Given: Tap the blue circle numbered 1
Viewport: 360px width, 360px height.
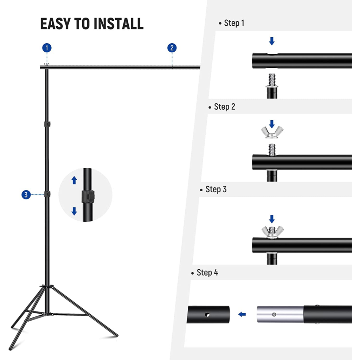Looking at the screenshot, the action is [47, 48].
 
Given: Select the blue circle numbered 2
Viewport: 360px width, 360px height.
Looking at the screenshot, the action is [172, 48].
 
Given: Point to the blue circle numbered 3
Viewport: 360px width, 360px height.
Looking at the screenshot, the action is [26, 195].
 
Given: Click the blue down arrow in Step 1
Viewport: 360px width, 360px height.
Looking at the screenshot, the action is [272, 41].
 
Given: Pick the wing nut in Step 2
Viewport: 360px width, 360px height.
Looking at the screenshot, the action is [272, 133].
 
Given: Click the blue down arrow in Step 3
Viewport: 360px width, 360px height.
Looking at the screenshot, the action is [272, 219].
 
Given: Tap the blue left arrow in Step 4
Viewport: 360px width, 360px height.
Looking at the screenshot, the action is [242, 314].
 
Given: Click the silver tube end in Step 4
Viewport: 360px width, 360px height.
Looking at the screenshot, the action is [280, 314].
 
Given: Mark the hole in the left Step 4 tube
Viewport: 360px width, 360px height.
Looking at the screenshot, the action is [207, 315].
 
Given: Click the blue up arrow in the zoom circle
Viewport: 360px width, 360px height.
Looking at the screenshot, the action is [74, 180].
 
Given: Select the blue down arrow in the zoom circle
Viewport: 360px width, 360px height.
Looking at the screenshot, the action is [74, 211].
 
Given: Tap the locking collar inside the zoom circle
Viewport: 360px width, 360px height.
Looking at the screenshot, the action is [88, 196].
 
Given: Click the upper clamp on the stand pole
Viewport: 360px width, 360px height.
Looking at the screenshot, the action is [47, 124].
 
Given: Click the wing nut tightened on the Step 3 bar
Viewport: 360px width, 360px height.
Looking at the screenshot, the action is [272, 232].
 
